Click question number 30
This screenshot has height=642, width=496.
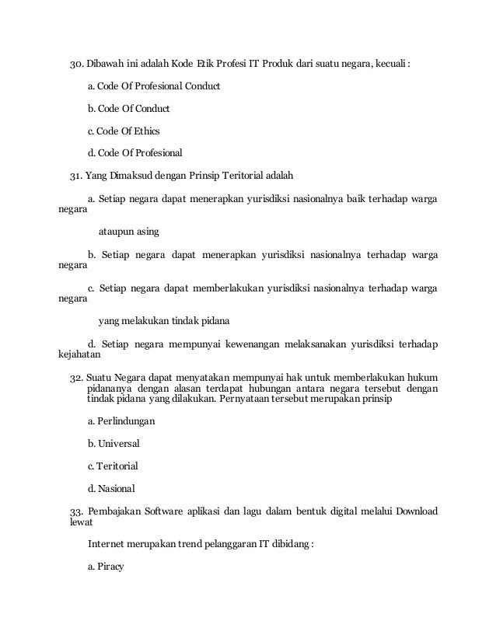76,63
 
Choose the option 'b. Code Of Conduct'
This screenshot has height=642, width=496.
128,107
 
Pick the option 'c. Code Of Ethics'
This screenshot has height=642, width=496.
124,130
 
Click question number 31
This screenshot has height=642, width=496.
76,175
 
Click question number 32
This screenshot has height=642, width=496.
76,377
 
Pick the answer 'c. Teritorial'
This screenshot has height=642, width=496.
113,466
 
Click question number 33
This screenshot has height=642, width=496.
76,511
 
